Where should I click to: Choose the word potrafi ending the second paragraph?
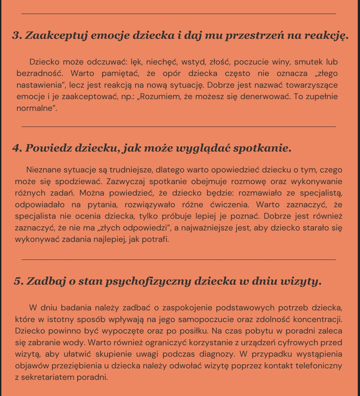coord(155,239)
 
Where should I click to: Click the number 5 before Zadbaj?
coord(18,282)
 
